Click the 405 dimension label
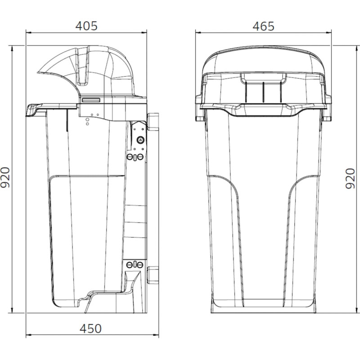[86, 26]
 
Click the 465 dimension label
[263, 27]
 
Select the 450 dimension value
[91, 329]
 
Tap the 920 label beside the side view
[5, 177]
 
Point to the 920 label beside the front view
[350, 179]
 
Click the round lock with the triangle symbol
[140, 139]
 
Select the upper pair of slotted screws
[135, 157]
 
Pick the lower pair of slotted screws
[135, 265]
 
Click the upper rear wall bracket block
[153, 121]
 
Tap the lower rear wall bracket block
[153, 275]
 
